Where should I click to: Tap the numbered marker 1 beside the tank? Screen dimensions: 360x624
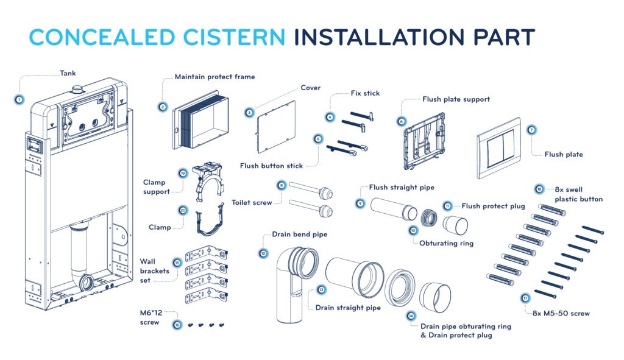19,99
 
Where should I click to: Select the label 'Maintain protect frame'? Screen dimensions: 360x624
214,77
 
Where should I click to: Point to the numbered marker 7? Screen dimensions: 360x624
531,130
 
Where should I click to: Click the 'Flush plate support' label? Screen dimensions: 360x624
456,99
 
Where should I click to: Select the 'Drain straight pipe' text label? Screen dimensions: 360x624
348,308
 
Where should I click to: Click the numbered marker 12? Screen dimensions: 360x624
263,253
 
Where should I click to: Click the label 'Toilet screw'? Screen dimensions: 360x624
252,202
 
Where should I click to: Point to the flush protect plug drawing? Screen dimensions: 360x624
456,224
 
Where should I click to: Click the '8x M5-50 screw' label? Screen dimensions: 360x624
558,314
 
